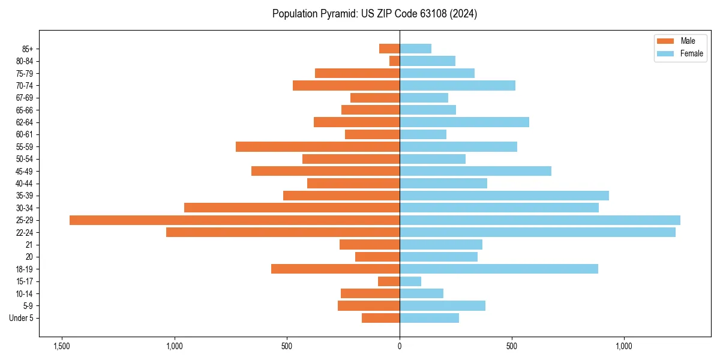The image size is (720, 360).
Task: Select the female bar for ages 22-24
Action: tap(538, 232)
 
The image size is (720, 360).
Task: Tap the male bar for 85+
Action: tap(389, 49)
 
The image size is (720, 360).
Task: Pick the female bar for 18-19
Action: tap(499, 269)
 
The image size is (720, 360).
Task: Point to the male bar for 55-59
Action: tap(317, 146)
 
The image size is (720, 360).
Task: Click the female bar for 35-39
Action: tap(504, 196)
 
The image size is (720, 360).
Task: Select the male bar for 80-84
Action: tap(394, 61)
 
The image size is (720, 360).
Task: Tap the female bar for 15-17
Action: tap(410, 281)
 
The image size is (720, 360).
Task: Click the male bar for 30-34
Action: tap(292, 208)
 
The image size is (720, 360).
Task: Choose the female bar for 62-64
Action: tap(464, 122)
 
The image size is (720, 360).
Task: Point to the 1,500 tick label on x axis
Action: tap(61, 347)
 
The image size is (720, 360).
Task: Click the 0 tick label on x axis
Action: tap(400, 347)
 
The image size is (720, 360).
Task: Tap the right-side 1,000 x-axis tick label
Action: tap(625, 347)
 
